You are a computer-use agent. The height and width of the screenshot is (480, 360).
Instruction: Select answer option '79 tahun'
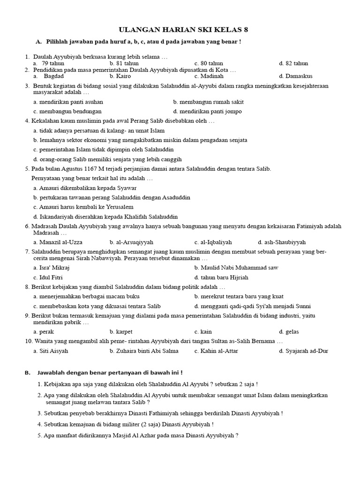(x=52, y=63)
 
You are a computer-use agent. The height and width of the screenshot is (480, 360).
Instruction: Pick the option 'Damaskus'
(x=295, y=76)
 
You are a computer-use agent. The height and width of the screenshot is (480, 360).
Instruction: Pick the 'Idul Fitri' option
(x=47, y=277)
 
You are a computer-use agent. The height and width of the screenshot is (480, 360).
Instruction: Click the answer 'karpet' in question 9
(x=118, y=332)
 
